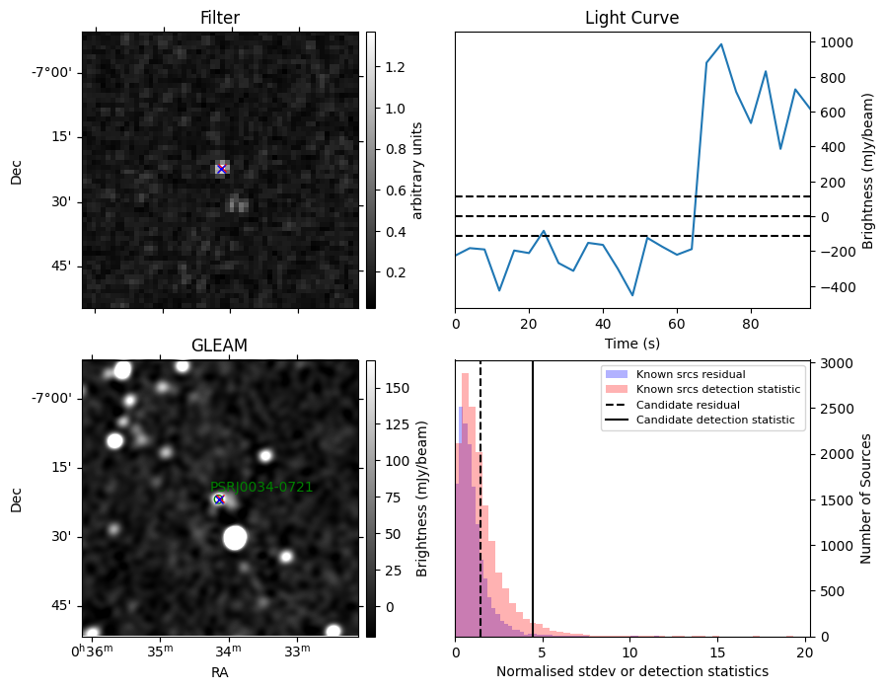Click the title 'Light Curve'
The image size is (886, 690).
pyautogui.click(x=631, y=18)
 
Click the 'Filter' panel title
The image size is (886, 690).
pyautogui.click(x=220, y=18)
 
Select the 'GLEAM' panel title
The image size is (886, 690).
pyautogui.click(x=219, y=345)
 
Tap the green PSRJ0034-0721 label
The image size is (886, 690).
pyautogui.click(x=261, y=487)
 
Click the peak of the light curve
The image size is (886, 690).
pyautogui.click(x=721, y=44)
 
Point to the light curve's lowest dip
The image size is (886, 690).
pyautogui.click(x=632, y=295)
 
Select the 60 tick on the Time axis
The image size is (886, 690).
pyautogui.click(x=677, y=324)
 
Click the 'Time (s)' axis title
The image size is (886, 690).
pyautogui.click(x=632, y=344)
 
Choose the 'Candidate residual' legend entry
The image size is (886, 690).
pyautogui.click(x=688, y=405)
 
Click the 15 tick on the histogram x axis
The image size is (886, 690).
pyautogui.click(x=717, y=652)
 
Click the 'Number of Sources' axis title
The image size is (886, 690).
pyautogui.click(x=866, y=499)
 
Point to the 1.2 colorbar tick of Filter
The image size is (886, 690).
pyautogui.click(x=395, y=67)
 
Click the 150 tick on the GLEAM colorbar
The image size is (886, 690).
pyautogui.click(x=398, y=388)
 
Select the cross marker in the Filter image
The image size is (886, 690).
pyautogui.click(x=221, y=169)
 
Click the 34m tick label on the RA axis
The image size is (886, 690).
pyautogui.click(x=228, y=652)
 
